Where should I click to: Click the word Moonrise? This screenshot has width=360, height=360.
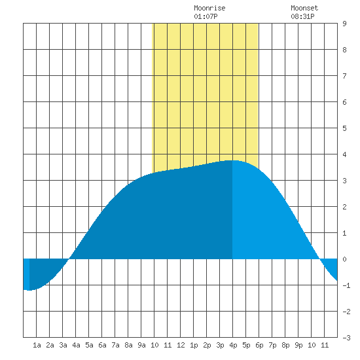coord(209,8)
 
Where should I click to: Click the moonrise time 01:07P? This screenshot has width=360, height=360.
coord(206,16)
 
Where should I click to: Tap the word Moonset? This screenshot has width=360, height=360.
coord(304,8)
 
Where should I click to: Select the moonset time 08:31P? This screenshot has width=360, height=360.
coord(302,16)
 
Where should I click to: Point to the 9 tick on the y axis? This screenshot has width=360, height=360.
coord(344,24)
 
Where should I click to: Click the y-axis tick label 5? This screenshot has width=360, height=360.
coord(344,128)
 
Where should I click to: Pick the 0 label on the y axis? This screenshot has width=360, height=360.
coord(344,259)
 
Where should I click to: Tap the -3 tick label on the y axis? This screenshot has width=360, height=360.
coord(346,338)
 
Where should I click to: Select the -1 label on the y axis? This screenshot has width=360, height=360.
coord(346,285)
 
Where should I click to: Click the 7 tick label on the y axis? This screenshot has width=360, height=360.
coord(344,76)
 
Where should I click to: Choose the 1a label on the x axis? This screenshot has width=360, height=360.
coord(37,345)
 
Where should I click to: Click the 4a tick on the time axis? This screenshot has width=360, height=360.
coord(76,345)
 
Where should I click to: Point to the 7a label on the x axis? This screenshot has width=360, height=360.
coord(115,345)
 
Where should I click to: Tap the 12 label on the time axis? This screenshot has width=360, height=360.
coord(181,345)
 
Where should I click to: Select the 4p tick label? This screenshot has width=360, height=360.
coord(233,345)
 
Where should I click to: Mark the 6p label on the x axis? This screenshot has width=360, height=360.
coord(259,345)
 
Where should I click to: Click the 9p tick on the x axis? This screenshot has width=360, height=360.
coord(298,345)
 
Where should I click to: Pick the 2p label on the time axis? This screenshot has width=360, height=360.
coord(207,345)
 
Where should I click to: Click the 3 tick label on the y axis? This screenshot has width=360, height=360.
coord(344,181)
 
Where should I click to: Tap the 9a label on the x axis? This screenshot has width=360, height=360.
coord(141,345)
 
